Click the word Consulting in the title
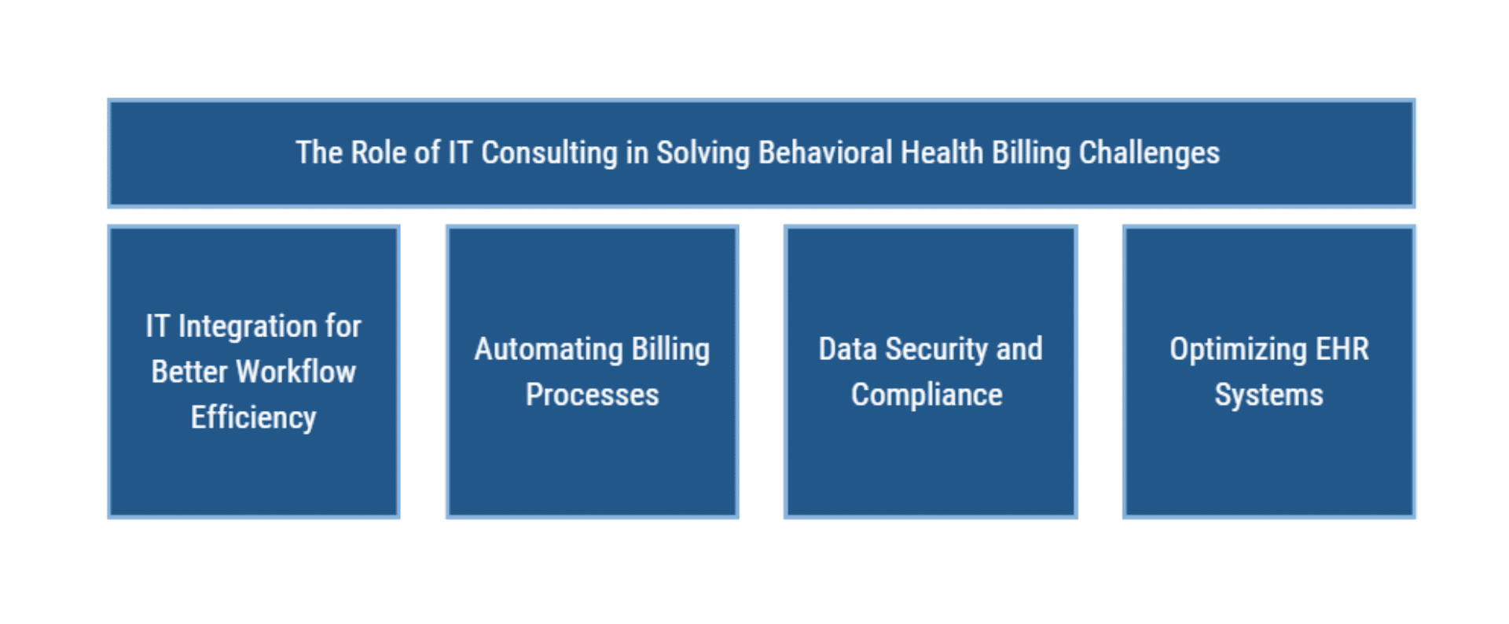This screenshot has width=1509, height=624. point(549,153)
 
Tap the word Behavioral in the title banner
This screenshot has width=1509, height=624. point(825,152)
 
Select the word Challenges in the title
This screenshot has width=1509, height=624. point(1149,153)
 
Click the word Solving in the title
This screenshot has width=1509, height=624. point(703,153)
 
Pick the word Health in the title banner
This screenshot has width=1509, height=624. point(942,152)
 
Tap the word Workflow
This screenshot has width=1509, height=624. point(296,372)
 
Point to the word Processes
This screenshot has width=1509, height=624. point(593,395)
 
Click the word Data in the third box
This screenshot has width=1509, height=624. point(847,349)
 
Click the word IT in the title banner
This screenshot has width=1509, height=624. point(460,152)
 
